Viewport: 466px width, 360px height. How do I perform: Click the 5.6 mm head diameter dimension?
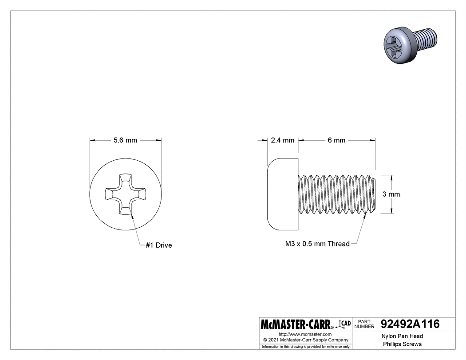pyautogui.click(x=125, y=140)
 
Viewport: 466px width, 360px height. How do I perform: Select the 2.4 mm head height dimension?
pyautogui.click(x=282, y=140)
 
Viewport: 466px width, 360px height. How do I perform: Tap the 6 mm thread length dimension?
pyautogui.click(x=336, y=140)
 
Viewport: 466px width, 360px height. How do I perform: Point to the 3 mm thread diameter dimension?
pyautogui.click(x=391, y=194)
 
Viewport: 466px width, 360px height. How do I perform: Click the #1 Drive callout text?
pyautogui.click(x=158, y=245)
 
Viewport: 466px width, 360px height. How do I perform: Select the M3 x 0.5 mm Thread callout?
pyautogui.click(x=317, y=244)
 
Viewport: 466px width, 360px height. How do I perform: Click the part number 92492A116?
pyautogui.click(x=410, y=324)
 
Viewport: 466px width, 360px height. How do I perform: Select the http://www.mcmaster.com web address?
pyautogui.click(x=305, y=334)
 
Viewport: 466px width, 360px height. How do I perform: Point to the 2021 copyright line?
pyautogui.click(x=305, y=340)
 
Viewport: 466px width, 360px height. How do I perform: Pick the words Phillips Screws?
pyautogui.click(x=403, y=344)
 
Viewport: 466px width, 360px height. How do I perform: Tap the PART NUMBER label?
pyautogui.click(x=364, y=324)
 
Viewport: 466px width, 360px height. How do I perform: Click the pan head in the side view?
pyautogui.click(x=283, y=194)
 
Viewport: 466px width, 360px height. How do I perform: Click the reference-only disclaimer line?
pyautogui.click(x=306, y=346)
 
